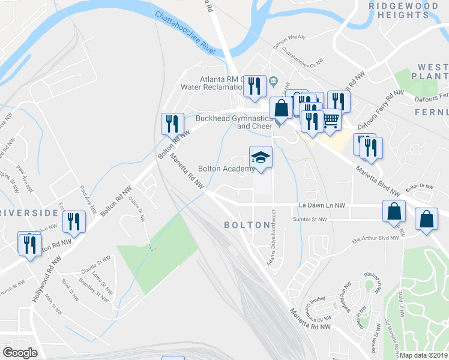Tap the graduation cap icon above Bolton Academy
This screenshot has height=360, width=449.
pyautogui.click(x=261, y=158)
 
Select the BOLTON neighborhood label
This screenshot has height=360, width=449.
pyautogui.click(x=247, y=225)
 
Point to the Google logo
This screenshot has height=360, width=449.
pyautogui.click(x=20, y=353)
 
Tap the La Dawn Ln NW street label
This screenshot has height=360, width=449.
pyautogui.click(x=322, y=206)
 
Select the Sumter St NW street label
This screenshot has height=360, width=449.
pyautogui.click(x=309, y=220)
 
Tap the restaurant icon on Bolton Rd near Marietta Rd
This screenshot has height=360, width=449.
pyautogui.click(x=172, y=124)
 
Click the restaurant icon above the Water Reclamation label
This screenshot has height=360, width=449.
pyautogui.click(x=256, y=86)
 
